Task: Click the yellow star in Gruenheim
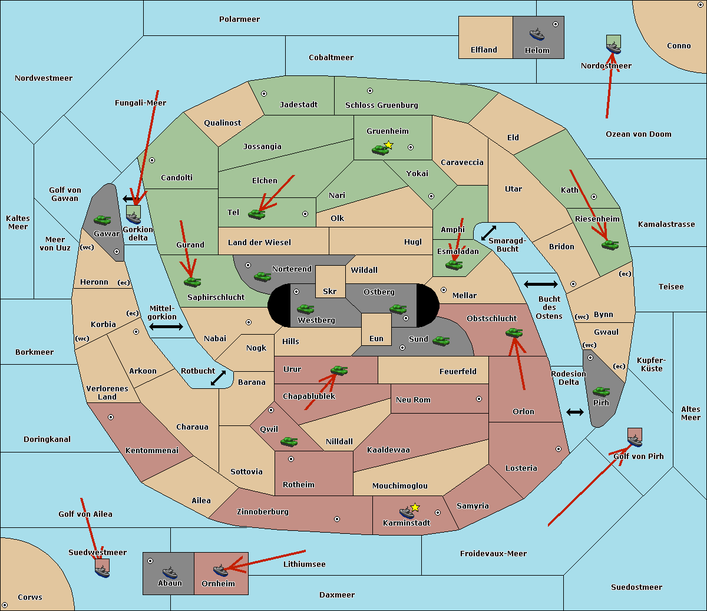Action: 388,145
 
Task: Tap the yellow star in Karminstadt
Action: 415,507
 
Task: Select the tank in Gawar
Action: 103,220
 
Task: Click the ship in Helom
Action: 537,34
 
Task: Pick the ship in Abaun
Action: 170,572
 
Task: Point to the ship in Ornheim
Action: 220,570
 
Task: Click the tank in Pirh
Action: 601,392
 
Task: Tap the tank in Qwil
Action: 289,441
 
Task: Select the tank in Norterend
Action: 262,276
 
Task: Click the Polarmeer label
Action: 239,19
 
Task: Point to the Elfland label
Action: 484,50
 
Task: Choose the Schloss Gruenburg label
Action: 381,105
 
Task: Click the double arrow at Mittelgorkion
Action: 166,327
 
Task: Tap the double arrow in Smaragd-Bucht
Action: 488,233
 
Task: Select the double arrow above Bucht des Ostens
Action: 540,285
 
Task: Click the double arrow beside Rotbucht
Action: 218,378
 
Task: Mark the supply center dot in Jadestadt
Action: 264,93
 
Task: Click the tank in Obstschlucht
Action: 514,333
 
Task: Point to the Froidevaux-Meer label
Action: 493,554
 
